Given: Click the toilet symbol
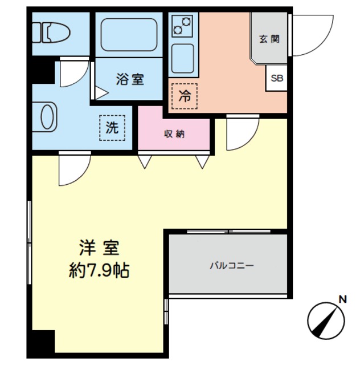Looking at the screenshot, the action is (51, 33).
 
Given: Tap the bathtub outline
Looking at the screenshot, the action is (129, 34).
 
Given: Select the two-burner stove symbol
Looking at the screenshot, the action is (182, 26).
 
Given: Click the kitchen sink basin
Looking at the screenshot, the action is (182, 58).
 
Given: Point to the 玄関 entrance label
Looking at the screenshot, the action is (269, 39).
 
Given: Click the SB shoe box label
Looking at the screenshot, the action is (277, 78).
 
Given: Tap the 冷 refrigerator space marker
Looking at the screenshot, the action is (185, 96).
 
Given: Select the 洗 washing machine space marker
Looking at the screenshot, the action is (112, 128).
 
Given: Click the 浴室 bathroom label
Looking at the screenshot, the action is (130, 79).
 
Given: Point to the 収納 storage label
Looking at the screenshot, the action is (174, 134).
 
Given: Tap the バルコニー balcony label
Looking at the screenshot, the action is (232, 266).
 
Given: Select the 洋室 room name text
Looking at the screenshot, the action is (99, 248).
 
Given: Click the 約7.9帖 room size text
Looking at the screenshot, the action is (99, 270).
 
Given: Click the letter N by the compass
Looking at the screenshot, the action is (342, 299).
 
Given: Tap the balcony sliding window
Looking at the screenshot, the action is (229, 232).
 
